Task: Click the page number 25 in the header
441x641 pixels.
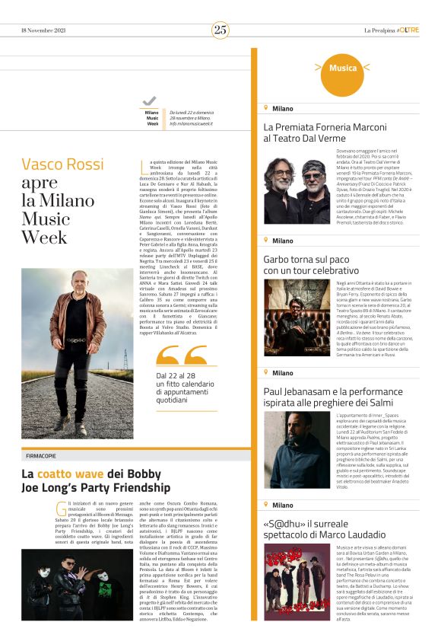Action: click(x=220, y=30)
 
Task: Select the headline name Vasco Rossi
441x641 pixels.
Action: click(x=63, y=164)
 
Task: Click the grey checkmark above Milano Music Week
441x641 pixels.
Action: click(x=150, y=101)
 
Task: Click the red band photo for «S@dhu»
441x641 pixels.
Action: click(x=297, y=582)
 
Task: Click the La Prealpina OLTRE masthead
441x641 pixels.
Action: click(x=392, y=30)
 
